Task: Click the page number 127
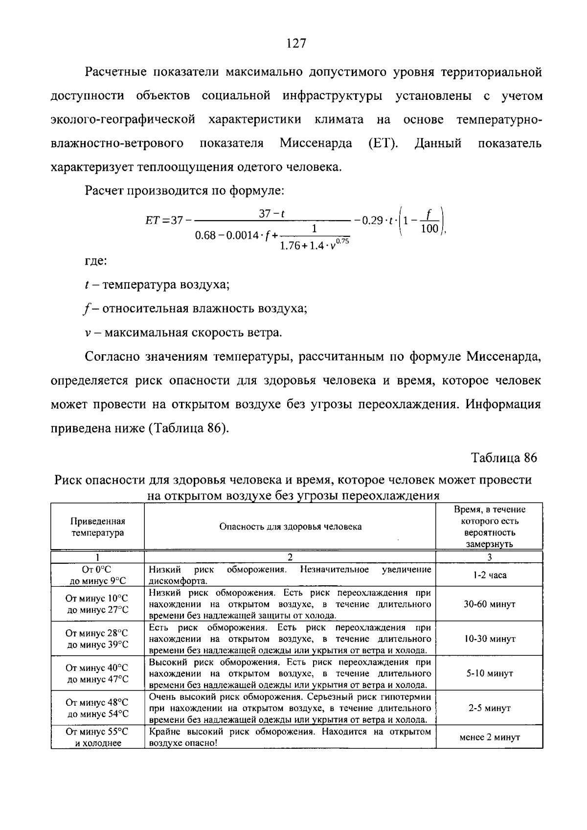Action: point(296,44)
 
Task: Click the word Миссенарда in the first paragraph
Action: point(316,143)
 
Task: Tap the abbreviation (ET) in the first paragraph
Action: point(382,143)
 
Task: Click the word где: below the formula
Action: point(95,261)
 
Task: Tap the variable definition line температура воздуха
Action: point(157,285)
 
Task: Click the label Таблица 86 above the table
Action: point(504,458)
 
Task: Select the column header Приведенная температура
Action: point(98,527)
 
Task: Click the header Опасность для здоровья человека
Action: point(290,527)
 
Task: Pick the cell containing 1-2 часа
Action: point(489,575)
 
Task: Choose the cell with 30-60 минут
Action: point(489,604)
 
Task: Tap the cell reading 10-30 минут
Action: point(489,639)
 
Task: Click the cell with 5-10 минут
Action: point(489,673)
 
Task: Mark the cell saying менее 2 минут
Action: point(489,737)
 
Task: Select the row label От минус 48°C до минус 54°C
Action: point(98,708)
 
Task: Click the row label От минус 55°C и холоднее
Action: point(98,737)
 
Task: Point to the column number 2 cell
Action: point(290,557)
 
